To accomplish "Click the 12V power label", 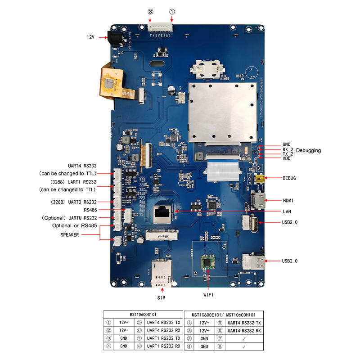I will point(90,36).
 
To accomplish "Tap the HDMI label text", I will point(289,200).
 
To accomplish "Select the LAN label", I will point(286,211).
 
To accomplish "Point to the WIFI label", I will point(207,295).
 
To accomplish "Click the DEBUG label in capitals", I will point(289,178).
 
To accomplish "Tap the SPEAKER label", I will point(70,234).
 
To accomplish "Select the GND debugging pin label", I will point(287,144).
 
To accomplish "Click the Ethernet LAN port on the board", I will point(162,213).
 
